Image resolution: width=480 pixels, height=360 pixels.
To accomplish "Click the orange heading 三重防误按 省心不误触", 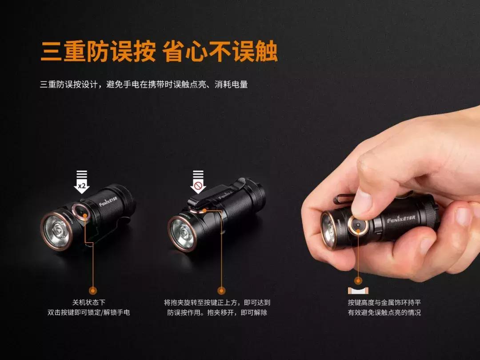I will pyautogui.click(x=159, y=52).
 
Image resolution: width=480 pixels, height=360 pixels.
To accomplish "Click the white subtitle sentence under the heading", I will pyautogui.click(x=144, y=84).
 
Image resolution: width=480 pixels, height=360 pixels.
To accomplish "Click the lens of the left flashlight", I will pyautogui.click(x=56, y=231).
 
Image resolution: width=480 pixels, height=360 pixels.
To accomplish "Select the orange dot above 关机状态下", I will pyautogui.click(x=93, y=291).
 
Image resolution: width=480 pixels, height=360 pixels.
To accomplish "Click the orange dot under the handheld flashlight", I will pyautogui.click(x=358, y=280).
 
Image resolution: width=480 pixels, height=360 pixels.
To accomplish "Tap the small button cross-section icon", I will pyautogui.click(x=358, y=291).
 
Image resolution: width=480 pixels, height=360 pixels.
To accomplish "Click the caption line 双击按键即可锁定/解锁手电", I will pyautogui.click(x=88, y=312).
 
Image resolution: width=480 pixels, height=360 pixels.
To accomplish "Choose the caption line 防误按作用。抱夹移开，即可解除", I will pyautogui.click(x=217, y=312).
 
